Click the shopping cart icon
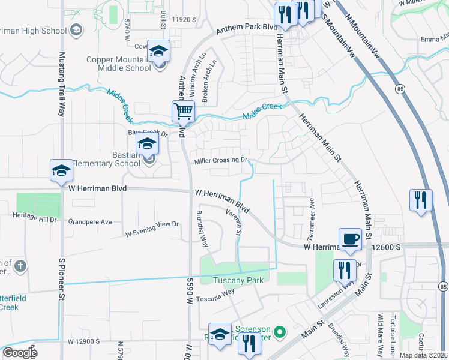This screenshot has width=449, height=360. (x=183, y=111)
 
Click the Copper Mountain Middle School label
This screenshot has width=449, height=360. (x=119, y=64)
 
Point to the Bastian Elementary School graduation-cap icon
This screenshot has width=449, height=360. (x=146, y=143)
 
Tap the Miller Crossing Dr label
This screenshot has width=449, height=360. (x=221, y=161)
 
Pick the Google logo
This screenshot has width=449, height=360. (x=19, y=353)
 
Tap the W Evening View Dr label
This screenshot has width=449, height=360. (x=152, y=225)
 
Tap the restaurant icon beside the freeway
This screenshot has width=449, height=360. (x=421, y=200)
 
